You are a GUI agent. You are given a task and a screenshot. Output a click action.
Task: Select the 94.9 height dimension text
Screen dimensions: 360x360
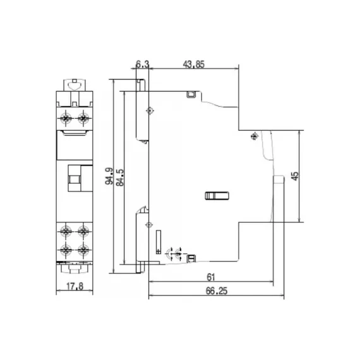(x=110, y=177)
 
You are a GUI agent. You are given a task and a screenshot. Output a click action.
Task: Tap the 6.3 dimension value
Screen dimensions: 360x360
(x=142, y=63)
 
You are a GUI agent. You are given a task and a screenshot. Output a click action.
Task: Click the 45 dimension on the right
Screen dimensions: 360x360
(x=295, y=176)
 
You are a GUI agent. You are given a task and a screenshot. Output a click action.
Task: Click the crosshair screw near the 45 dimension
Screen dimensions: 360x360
(x=254, y=135)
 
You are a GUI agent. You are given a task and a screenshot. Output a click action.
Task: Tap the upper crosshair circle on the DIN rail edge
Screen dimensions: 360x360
(x=149, y=111)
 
